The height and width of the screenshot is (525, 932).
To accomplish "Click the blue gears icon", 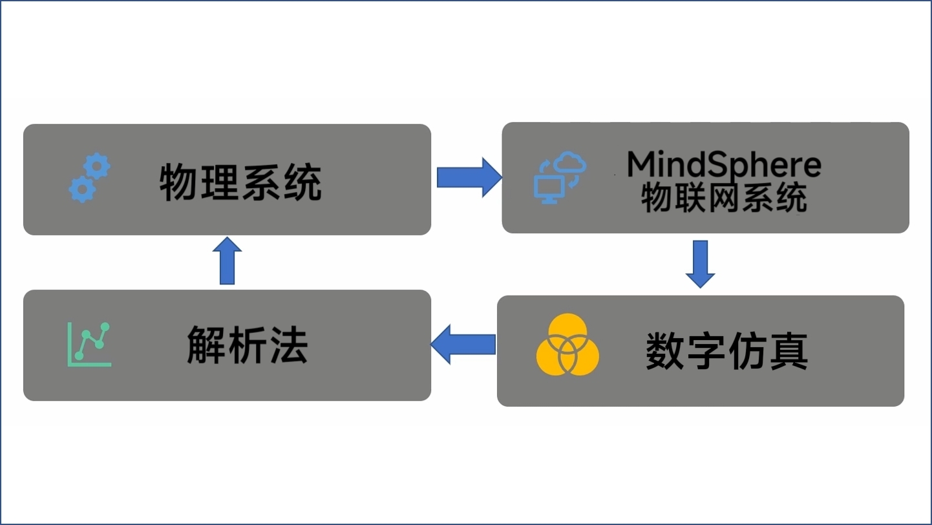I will tap(89, 178).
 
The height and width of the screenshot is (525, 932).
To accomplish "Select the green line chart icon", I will tap(89, 344).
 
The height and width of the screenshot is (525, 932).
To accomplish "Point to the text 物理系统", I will tap(240, 182).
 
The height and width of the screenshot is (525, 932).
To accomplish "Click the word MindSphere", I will tap(724, 165).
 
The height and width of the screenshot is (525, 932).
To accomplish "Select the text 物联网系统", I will tap(724, 198).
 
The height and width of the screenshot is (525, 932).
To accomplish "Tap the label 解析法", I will tap(248, 345).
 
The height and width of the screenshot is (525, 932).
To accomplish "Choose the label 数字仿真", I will tap(727, 352).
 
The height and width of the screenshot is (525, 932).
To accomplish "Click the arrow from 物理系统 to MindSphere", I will tap(469, 177).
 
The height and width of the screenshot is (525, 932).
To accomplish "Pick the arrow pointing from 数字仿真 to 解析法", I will tap(463, 345).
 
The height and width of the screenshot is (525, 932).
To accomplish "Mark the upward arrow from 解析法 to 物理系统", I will tap(227, 261).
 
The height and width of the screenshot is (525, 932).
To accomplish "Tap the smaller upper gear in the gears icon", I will tap(97, 166).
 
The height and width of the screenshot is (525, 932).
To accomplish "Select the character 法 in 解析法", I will tap(288, 345).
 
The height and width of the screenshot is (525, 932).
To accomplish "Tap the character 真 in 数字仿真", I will tap(788, 352).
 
